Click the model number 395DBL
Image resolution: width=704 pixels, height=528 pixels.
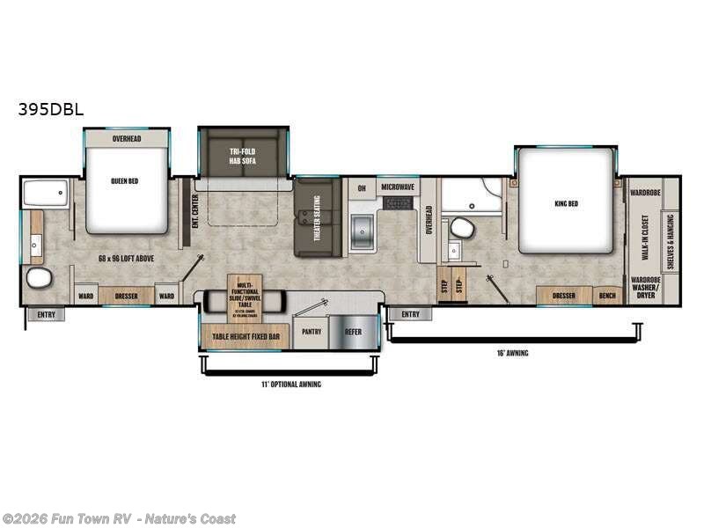coord(49,111)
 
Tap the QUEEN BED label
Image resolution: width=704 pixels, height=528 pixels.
coord(126,181)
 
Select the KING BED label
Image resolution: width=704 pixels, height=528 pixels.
coord(566,204)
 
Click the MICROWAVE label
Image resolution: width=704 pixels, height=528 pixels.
coord(398,188)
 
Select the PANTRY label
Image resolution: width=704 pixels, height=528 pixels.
coord(311,332)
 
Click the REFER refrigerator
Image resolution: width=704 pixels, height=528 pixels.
coord(353,332)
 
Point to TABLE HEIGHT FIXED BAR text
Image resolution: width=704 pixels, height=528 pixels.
coord(246,337)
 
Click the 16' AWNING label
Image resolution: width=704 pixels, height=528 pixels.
coord(512,353)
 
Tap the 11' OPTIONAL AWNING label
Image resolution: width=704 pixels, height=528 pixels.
coord(291,385)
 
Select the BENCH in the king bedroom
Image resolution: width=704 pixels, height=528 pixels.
coord(607,296)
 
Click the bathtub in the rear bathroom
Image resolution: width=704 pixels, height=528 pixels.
coord(47,193)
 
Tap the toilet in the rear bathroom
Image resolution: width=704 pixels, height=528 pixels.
coord(38,279)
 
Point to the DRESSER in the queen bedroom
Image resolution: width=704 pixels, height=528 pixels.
coord(126,297)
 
